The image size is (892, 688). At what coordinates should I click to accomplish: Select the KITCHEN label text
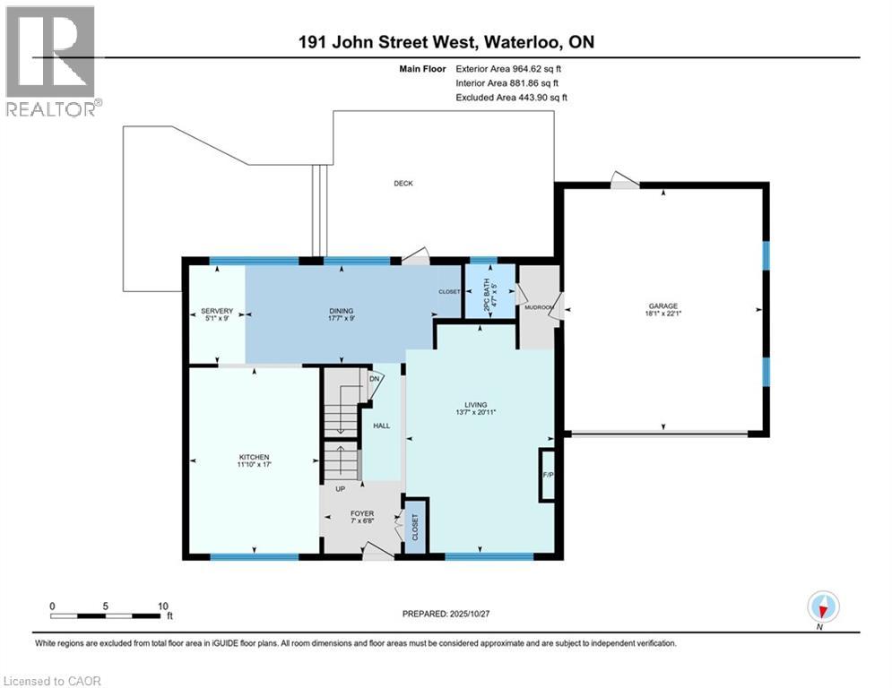(x=254, y=457)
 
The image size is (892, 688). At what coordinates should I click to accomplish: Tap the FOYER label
(x=362, y=514)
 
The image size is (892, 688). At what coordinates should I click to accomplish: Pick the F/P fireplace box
(x=547, y=474)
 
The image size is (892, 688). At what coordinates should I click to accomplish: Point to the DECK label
(x=403, y=184)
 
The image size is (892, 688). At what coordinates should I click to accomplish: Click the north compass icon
(x=822, y=607)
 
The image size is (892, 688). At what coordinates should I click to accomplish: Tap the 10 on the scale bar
(x=162, y=606)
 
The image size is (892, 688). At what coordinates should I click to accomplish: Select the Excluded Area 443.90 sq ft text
(x=511, y=97)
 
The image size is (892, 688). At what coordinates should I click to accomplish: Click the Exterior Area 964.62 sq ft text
(x=511, y=68)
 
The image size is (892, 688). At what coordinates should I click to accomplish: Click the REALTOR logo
(x=51, y=61)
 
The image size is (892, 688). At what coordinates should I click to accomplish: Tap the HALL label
(x=381, y=426)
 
